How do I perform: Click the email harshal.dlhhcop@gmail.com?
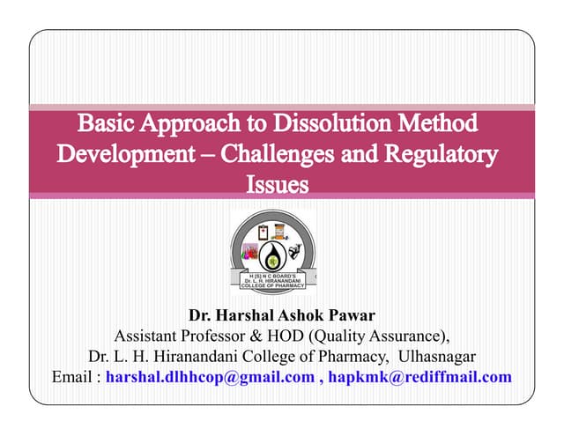click(209, 377)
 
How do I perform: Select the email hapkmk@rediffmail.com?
click(420, 377)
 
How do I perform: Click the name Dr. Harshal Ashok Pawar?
click(281, 314)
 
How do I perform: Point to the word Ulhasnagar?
click(438, 356)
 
